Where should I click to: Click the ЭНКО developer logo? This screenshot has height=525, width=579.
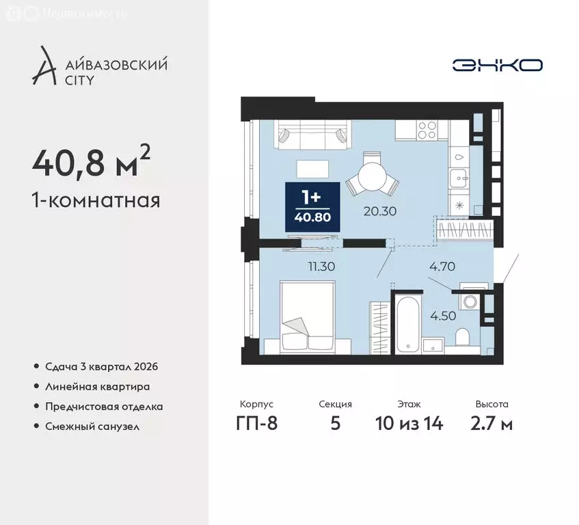(x=497, y=65)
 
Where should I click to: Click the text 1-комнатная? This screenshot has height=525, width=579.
(x=96, y=201)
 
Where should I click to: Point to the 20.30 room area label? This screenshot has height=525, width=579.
(x=380, y=211)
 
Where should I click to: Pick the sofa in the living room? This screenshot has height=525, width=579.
(x=312, y=135)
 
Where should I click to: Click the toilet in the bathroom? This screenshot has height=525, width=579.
(x=462, y=338)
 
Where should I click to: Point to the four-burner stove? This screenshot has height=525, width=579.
(x=427, y=129)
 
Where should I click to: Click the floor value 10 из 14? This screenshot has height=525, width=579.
(x=409, y=423)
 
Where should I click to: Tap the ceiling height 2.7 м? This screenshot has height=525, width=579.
(x=492, y=423)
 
